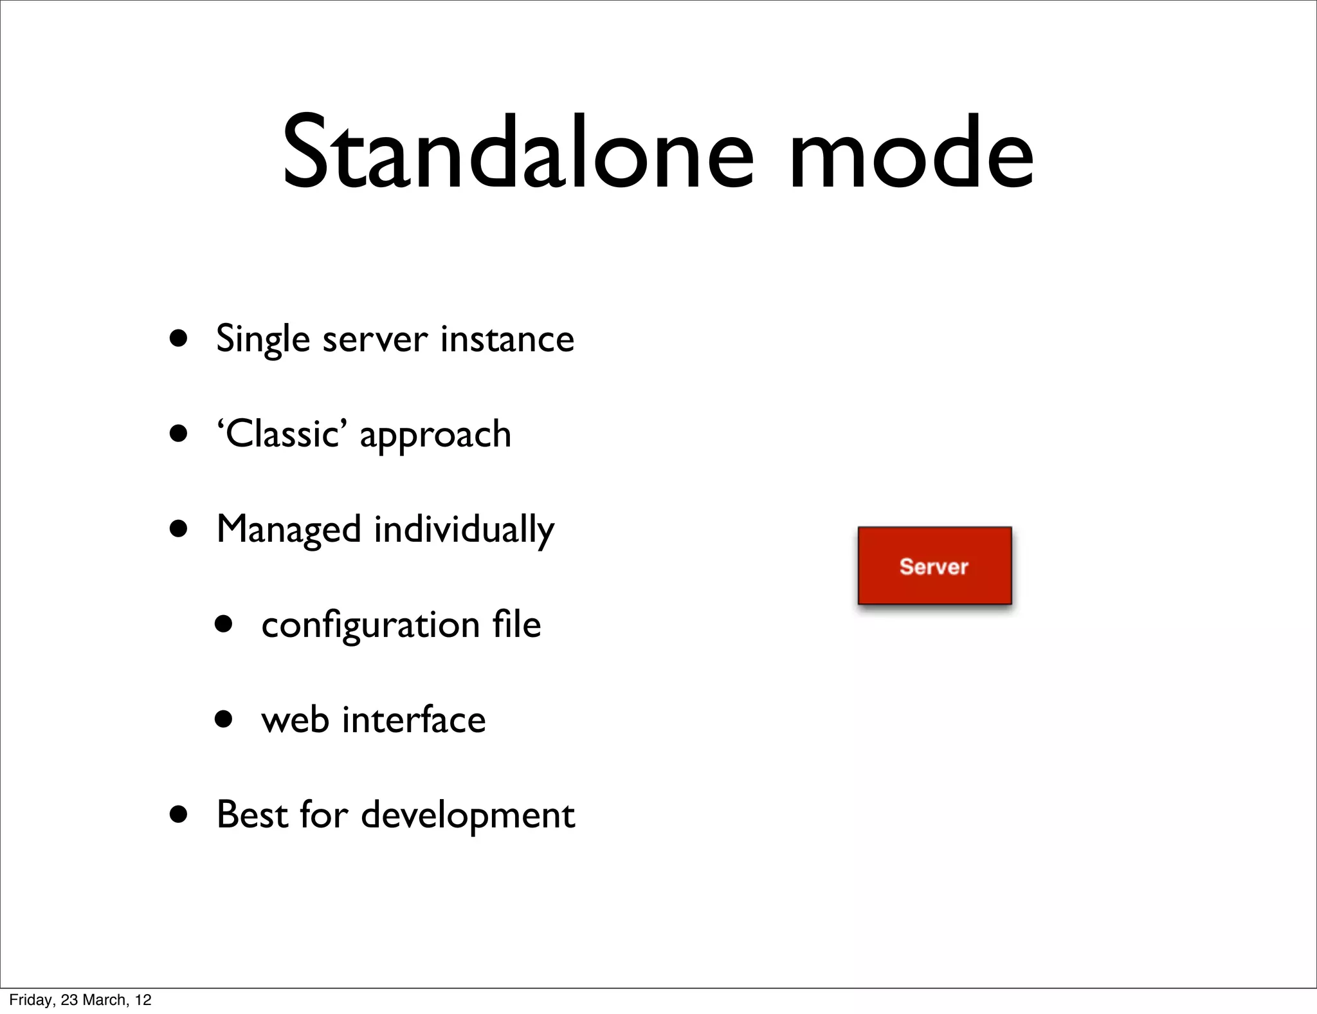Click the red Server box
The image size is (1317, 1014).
[x=934, y=566]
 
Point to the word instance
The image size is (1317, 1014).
[x=507, y=339]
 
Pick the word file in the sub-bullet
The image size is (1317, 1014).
[x=516, y=624]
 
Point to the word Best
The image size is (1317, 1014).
[x=252, y=815]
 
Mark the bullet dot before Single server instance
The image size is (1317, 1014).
[x=179, y=338]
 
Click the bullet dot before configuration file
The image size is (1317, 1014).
[x=224, y=623]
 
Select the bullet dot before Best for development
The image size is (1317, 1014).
[x=179, y=815]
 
